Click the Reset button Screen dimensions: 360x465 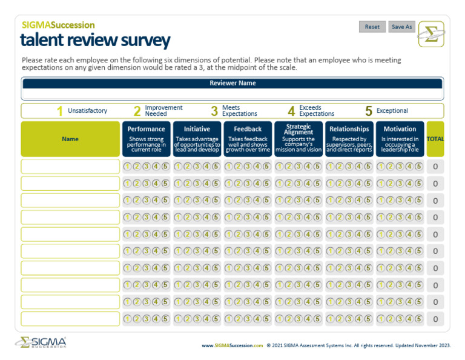coord(372,27)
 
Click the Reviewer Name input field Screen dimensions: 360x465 coord(232,95)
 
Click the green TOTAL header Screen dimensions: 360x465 coord(435,139)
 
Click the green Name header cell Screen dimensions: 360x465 coord(70,139)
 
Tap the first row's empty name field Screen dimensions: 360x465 coord(70,167)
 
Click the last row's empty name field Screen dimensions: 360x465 coord(70,319)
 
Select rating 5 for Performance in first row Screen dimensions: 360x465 coord(165,167)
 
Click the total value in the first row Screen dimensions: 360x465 coord(435,167)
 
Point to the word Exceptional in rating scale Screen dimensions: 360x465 coord(392,111)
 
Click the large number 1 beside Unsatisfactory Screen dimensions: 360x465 coord(59,111)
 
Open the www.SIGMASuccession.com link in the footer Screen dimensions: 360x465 coord(232,345)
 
